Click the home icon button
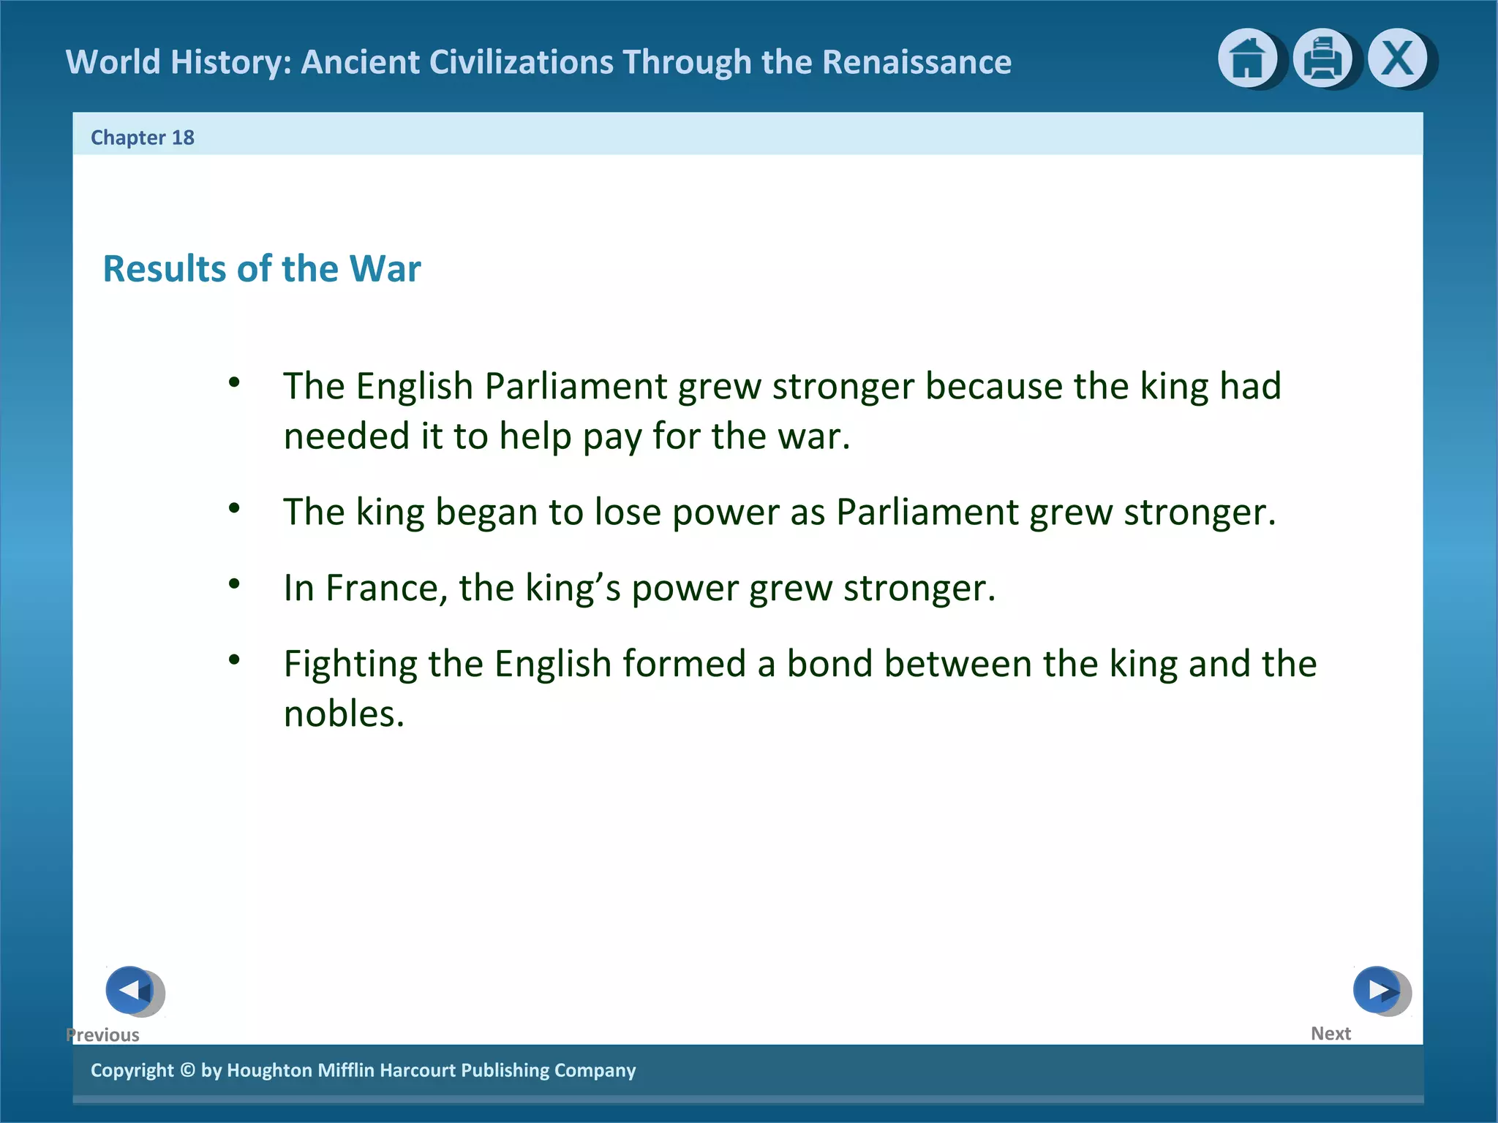(x=1247, y=58)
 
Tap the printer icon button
(x=1322, y=58)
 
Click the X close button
(x=1398, y=58)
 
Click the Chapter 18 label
(x=143, y=137)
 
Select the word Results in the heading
(x=165, y=268)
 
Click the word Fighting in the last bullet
(x=350, y=665)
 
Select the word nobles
(x=344, y=714)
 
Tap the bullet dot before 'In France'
(x=234, y=583)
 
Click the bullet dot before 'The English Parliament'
(x=234, y=382)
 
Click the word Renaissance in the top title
(x=917, y=62)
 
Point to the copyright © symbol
(x=187, y=1070)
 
